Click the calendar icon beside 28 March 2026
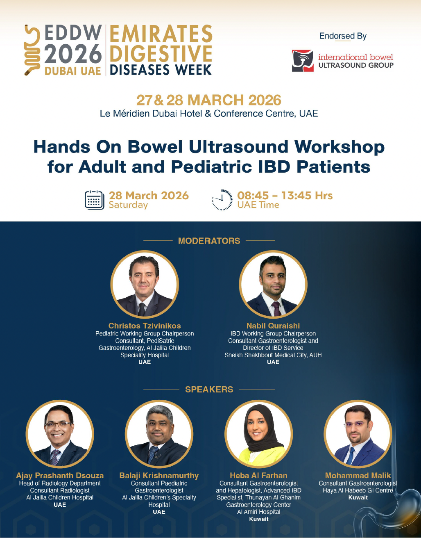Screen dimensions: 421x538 94,200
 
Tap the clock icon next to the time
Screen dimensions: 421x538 222,200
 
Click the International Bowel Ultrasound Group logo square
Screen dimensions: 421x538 303,61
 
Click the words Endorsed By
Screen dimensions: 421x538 343,36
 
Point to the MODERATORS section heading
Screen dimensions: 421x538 209,241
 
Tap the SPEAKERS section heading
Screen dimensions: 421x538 209,389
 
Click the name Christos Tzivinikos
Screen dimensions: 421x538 145,326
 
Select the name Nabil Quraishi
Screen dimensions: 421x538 273,326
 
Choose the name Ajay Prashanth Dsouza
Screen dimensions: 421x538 60,475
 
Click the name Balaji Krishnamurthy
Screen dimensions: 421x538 159,475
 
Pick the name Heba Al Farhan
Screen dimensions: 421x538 258,475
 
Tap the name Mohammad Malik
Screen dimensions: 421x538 358,475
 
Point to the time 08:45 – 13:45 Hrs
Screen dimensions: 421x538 285,196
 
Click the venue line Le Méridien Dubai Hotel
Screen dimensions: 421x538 209,114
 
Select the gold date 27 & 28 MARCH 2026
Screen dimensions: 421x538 209,100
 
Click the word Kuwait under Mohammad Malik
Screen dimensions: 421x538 358,497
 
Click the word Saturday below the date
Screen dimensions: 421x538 128,205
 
